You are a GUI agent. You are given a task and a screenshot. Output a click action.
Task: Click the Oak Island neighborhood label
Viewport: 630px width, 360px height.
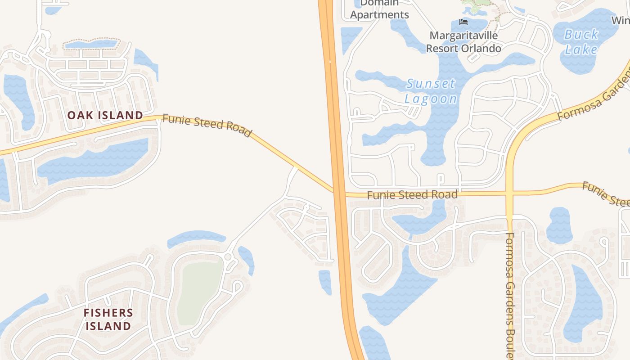tap(105, 115)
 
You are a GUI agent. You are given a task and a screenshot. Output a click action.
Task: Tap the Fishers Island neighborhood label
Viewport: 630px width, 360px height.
tap(108, 319)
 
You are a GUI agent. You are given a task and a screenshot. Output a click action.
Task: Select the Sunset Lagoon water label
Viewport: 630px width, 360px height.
tap(431, 91)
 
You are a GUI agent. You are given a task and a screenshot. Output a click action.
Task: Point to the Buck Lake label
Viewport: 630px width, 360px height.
tap(581, 41)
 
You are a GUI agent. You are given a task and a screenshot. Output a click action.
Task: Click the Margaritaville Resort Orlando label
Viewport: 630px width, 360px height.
tap(463, 42)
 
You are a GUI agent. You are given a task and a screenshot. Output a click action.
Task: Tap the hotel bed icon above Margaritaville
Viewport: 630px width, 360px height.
tap(463, 22)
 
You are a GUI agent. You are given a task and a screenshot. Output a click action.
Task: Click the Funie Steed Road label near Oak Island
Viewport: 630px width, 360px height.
tap(207, 125)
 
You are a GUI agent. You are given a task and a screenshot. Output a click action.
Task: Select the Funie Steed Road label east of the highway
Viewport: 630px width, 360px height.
tap(412, 195)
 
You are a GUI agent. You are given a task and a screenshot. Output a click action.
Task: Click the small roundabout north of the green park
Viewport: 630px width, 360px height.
tap(228, 257)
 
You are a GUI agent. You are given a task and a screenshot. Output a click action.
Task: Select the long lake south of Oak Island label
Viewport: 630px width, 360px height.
tap(94, 160)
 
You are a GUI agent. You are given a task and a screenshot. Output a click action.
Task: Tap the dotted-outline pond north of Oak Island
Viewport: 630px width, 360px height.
tap(92, 44)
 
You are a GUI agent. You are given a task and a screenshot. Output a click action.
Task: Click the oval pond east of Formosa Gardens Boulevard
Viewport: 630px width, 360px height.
tap(560, 225)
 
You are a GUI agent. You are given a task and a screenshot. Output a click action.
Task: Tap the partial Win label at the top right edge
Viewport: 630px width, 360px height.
tap(621, 20)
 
